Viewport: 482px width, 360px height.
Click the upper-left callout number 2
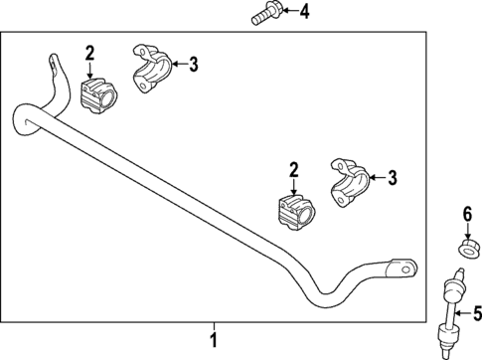(x=89, y=52)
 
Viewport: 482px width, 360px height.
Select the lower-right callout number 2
(x=293, y=171)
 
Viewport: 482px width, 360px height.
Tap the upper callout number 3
(x=193, y=65)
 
